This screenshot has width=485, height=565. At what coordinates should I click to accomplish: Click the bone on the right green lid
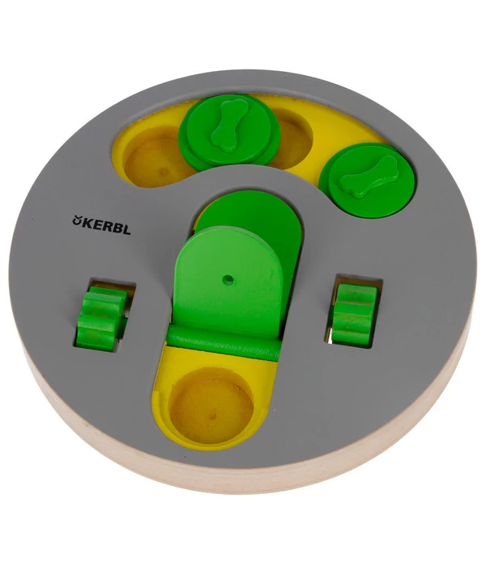point(369,177)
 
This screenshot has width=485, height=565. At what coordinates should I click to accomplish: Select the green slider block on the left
point(102,317)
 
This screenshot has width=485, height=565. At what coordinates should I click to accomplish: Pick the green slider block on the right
point(354,313)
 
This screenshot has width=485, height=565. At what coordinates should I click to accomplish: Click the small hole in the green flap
point(228,279)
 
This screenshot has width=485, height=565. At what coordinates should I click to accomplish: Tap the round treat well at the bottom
point(212,406)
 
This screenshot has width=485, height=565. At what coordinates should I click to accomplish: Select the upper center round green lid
point(229,132)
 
